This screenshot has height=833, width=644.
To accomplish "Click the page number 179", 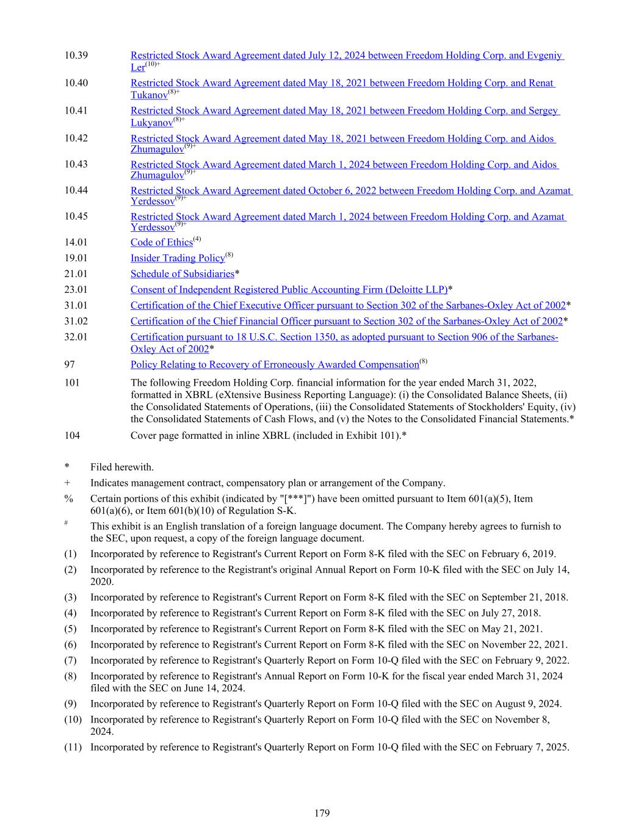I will [x=322, y=813].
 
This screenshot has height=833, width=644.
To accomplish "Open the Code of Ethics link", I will [x=161, y=243].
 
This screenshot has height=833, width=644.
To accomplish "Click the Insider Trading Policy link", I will [x=177, y=259].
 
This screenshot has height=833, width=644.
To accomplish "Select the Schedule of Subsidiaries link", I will [x=182, y=274].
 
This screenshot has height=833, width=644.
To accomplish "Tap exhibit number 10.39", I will [x=76, y=56].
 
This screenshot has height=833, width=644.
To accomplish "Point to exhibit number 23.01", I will [x=76, y=290].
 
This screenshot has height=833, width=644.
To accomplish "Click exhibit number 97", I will [x=70, y=365].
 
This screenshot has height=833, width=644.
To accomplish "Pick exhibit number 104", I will [x=72, y=436].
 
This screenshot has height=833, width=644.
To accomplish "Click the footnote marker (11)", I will [x=73, y=747].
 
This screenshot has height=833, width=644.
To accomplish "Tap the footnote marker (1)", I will [x=71, y=554].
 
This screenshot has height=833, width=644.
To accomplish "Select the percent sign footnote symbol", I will [x=68, y=499].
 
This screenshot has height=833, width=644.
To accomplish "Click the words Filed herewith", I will [x=122, y=467].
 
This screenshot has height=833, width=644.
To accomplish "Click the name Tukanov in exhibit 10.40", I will [x=149, y=96].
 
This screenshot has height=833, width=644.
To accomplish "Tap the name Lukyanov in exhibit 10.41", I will [x=151, y=123].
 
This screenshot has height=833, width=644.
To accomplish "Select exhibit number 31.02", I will [x=76, y=322].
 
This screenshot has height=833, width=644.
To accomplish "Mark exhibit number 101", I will [x=72, y=383].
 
